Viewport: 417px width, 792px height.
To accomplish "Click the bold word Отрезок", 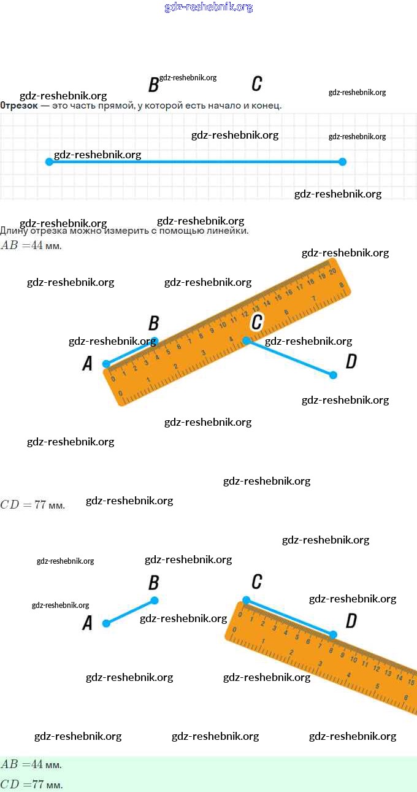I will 18,106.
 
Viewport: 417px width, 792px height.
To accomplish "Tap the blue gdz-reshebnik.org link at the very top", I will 208,7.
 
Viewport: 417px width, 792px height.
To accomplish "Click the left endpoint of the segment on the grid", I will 49,162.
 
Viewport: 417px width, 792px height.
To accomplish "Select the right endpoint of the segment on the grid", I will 343,162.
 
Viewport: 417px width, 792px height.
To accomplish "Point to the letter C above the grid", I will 257,84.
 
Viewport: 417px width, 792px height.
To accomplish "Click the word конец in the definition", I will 267,106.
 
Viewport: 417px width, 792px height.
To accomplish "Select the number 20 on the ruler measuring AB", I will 332,271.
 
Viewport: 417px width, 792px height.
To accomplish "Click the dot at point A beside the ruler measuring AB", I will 106,364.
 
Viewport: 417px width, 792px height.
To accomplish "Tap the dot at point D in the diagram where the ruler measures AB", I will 334,375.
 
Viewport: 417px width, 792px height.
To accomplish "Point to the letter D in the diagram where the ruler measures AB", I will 351,361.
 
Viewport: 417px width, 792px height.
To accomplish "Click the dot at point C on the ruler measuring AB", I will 246,340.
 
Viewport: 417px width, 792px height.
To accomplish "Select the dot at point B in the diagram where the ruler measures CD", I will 155,600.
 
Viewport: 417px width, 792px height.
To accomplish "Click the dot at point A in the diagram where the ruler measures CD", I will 106,623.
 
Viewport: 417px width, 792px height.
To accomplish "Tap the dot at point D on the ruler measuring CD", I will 334,634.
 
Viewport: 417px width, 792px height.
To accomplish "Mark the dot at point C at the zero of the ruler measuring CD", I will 246,599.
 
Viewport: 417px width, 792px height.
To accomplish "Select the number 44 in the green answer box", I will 37,764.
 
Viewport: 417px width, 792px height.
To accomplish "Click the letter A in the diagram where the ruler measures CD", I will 87,624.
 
